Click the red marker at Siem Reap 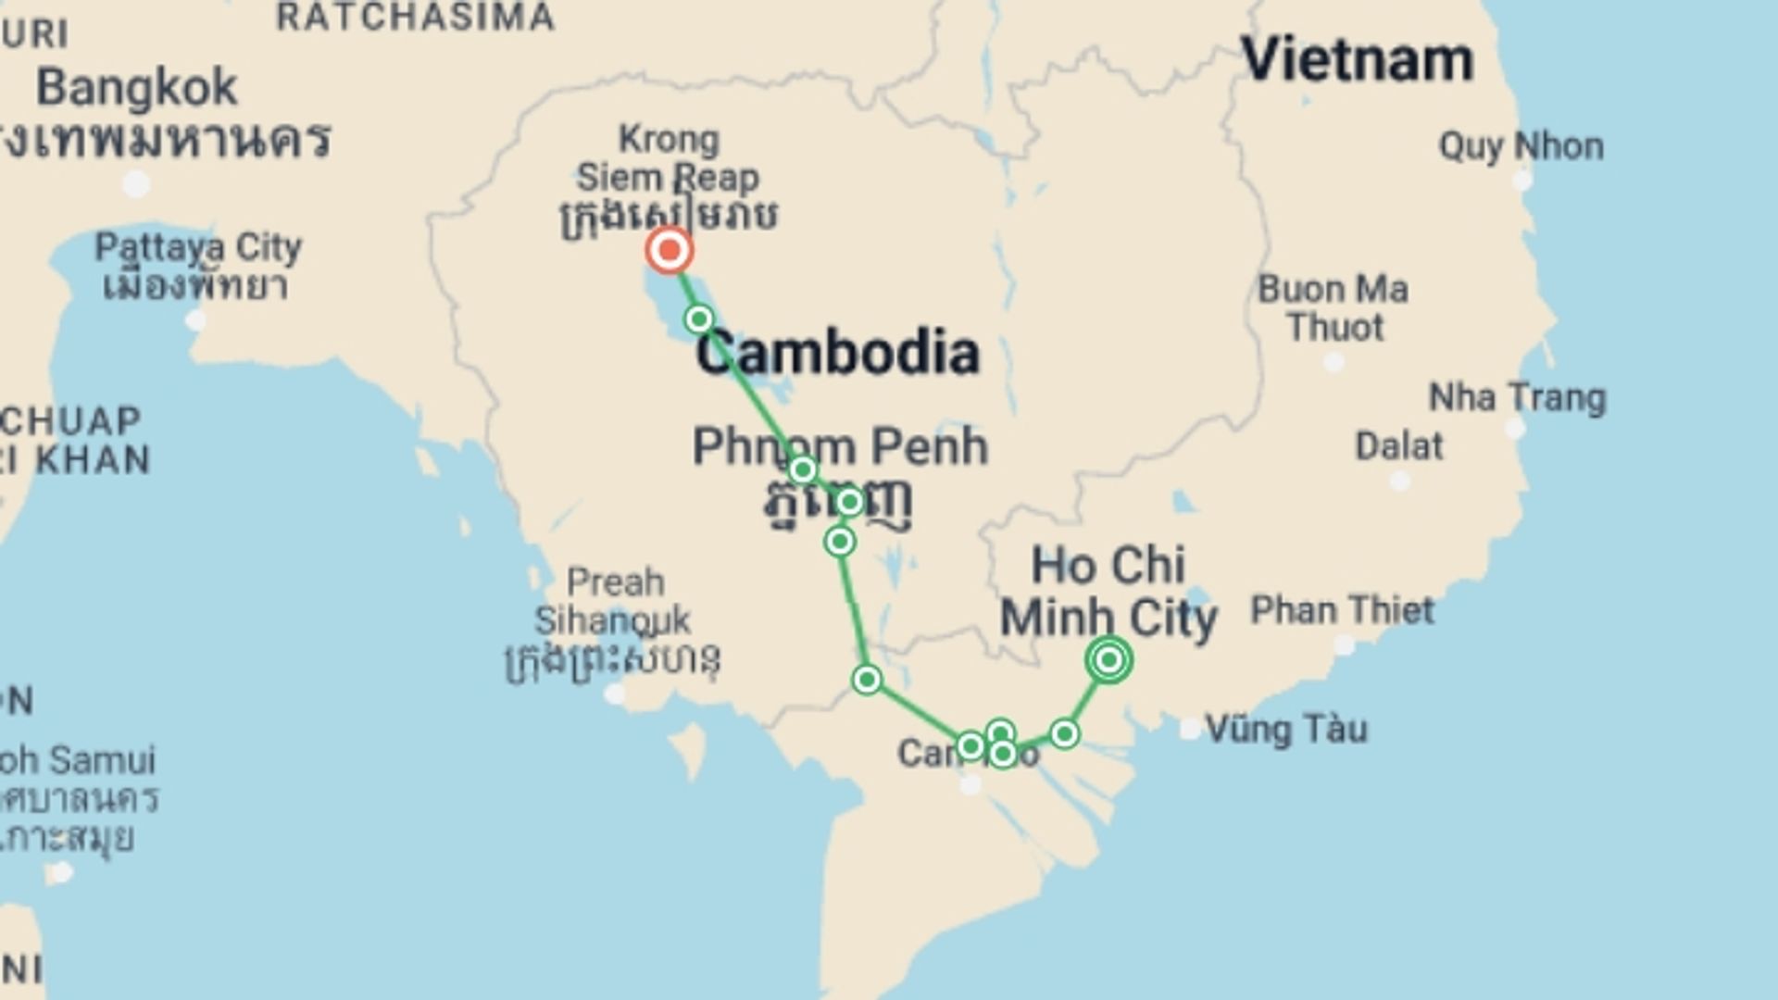[669, 250]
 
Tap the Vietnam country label [1357, 60]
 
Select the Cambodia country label [837, 353]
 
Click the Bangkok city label [137, 89]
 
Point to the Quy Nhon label [1521, 146]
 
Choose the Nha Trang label [1517, 398]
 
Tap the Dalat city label [1398, 446]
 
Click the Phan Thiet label [1342, 610]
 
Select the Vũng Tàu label [1286, 730]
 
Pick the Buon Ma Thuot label [1333, 307]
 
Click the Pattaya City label [198, 248]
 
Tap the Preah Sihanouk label [615, 602]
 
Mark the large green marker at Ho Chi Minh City [1108, 660]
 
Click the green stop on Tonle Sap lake [698, 319]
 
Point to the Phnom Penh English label [840, 446]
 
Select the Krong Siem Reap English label [668, 157]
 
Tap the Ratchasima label [415, 17]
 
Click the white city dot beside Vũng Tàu [1190, 730]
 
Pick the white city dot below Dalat [1399, 481]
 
